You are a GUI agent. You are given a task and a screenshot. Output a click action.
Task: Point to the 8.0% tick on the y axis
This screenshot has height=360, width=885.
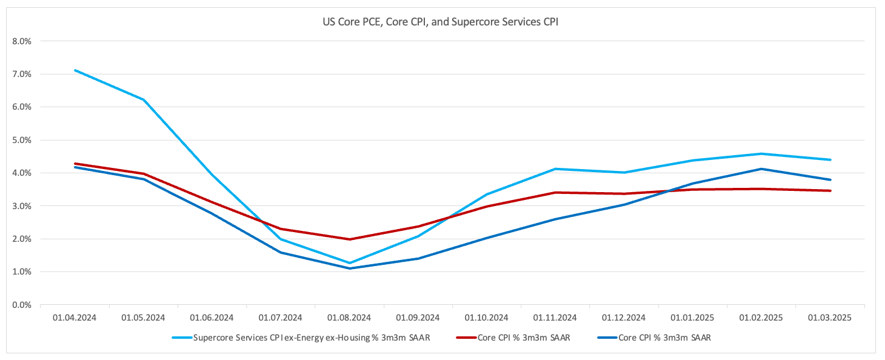click(x=21, y=41)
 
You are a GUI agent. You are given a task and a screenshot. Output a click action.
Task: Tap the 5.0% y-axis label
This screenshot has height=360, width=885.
click(x=21, y=140)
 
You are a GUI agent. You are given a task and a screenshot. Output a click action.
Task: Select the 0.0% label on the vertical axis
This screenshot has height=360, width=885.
click(x=21, y=305)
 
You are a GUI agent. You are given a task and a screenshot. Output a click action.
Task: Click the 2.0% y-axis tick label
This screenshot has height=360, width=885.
click(x=21, y=239)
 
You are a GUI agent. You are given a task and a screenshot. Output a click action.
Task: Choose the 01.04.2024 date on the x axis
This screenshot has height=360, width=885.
click(x=75, y=317)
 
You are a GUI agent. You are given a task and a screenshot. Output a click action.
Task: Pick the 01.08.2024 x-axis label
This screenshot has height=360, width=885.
click(x=349, y=317)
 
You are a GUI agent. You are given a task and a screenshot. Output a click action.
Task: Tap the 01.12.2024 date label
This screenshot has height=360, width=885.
click(x=624, y=317)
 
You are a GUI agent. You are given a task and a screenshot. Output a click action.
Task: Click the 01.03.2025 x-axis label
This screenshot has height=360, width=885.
click(x=830, y=317)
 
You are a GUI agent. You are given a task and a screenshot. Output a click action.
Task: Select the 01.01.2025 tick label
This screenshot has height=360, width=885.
click(x=692, y=317)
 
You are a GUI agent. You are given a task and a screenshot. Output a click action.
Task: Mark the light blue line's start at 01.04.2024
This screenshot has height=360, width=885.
click(x=75, y=70)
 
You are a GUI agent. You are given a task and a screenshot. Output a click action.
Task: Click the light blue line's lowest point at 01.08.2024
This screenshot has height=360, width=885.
click(x=349, y=263)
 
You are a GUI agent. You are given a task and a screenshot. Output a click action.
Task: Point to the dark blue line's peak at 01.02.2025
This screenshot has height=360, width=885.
click(x=761, y=169)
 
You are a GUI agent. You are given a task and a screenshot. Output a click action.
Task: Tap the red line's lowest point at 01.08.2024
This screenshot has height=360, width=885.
click(x=349, y=239)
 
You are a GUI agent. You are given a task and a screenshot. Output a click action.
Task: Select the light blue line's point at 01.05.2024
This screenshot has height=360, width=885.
click(x=144, y=99)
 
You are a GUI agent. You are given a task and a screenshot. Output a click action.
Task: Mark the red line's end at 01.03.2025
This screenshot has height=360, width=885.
click(x=830, y=191)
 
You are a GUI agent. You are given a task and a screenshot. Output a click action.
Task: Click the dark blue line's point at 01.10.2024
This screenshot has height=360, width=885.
click(x=487, y=238)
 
